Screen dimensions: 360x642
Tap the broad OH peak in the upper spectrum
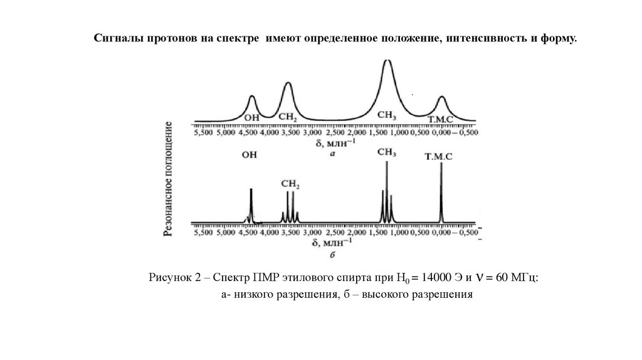[x=252, y=100]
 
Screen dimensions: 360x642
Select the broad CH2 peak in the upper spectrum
[x=288, y=88]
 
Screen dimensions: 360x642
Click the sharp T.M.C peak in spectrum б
[x=441, y=188]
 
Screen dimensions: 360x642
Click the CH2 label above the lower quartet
[x=290, y=184]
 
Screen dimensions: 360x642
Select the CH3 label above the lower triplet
[x=387, y=152]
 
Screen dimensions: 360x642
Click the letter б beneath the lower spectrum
[x=332, y=255]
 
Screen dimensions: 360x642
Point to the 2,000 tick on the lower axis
[x=355, y=233]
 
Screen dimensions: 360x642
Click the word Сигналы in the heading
[x=119, y=39]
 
